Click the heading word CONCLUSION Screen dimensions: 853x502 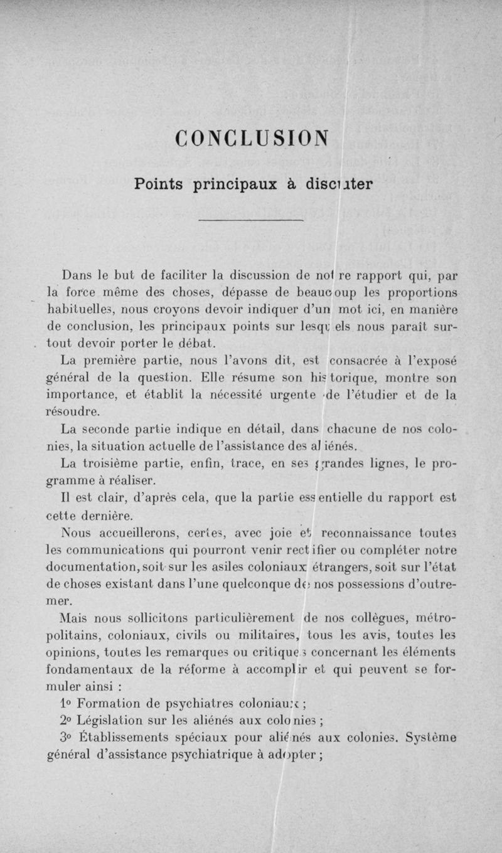pos(251,136)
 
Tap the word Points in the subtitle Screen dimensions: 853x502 pos(160,184)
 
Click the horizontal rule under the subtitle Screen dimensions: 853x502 pos(251,221)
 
